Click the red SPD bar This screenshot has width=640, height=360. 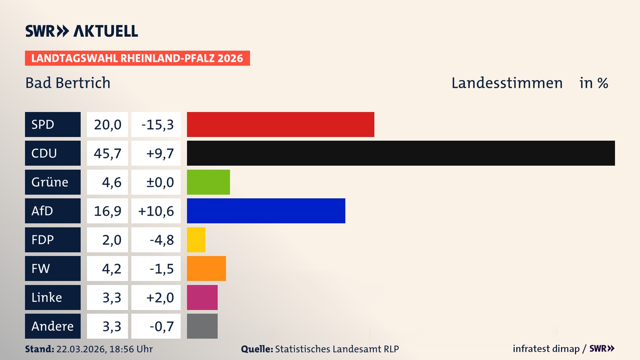click(x=280, y=124)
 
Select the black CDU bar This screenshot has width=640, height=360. click(x=401, y=153)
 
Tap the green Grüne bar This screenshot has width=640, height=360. click(x=208, y=182)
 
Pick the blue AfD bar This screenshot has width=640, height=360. click(x=266, y=211)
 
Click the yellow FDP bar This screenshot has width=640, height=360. click(x=196, y=240)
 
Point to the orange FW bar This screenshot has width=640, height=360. click(x=206, y=268)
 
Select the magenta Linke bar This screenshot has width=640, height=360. click(x=202, y=297)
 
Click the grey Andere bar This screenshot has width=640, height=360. click(x=202, y=326)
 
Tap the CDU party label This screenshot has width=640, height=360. click(x=53, y=153)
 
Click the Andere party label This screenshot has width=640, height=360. click(x=53, y=326)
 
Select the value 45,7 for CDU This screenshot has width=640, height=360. click(x=107, y=153)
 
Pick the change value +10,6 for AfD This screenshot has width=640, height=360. click(x=156, y=211)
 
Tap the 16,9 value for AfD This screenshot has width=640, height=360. click(x=107, y=211)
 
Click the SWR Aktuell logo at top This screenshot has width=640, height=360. click(x=81, y=31)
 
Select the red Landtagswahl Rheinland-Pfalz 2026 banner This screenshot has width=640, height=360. click(x=137, y=58)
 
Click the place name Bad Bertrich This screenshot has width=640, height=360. click(x=68, y=83)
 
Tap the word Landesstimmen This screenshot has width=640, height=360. click(x=507, y=83)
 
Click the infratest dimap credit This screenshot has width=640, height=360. click(x=546, y=349)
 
